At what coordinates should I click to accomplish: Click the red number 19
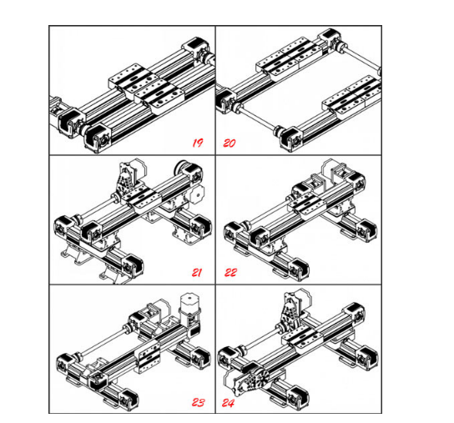pos(198,143)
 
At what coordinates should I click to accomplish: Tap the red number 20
pos(230,143)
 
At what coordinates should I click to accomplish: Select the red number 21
pos(197,273)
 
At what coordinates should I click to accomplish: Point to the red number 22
pos(231,273)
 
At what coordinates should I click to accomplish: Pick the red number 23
pos(199,402)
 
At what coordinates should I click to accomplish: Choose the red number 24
pos(229,403)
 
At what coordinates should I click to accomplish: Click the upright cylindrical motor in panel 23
pos(190,308)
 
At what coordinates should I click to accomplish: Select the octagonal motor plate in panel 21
pos(197,196)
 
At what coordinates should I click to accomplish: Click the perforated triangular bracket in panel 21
pos(125,178)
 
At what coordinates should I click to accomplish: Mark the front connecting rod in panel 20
pos(257,118)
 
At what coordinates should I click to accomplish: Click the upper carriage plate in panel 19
pos(134,78)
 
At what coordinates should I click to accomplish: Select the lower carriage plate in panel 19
pos(159,97)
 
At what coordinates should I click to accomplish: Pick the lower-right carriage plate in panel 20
pos(351,96)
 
